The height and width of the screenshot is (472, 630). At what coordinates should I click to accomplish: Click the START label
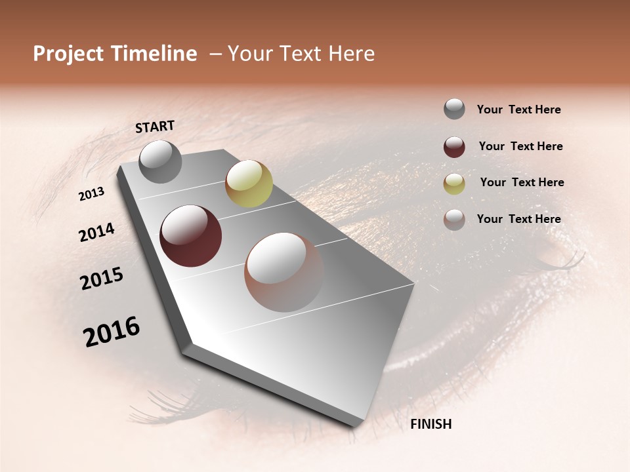tap(155, 127)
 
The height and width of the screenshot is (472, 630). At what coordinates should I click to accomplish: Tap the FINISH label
tap(430, 424)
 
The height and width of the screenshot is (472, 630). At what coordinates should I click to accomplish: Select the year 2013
tap(92, 194)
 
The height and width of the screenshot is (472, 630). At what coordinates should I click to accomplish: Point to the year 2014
tap(96, 232)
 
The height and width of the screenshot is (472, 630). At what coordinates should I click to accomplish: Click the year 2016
tap(112, 332)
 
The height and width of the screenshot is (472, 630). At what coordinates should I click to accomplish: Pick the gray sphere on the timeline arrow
tap(160, 161)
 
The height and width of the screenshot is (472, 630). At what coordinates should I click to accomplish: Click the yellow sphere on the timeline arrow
tap(249, 184)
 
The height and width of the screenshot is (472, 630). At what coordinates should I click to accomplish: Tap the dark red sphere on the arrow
tap(190, 236)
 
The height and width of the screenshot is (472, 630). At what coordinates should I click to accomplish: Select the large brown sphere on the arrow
tap(284, 272)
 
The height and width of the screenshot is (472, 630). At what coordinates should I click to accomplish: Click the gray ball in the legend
tap(454, 109)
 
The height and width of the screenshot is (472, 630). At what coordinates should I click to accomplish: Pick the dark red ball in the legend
tap(454, 147)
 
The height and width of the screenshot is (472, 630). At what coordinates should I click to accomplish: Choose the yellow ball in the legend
tap(454, 184)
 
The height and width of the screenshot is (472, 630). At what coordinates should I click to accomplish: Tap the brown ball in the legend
tap(454, 220)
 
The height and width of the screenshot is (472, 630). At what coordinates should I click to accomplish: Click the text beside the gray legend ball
tap(518, 109)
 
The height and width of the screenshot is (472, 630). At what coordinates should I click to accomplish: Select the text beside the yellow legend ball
tap(522, 182)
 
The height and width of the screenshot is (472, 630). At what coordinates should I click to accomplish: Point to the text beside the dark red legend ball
tap(520, 146)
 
